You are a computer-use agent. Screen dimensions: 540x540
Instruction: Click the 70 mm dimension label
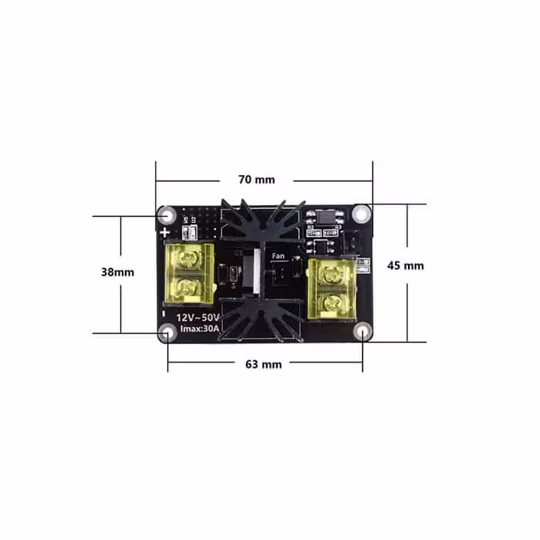[x=256, y=180]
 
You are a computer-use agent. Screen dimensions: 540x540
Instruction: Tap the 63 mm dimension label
[x=263, y=363]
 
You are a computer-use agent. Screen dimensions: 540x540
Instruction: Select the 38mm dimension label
[x=117, y=272]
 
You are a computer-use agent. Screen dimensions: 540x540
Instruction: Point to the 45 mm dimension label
[x=405, y=265]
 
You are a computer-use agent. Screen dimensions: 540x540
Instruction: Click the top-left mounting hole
[x=166, y=213]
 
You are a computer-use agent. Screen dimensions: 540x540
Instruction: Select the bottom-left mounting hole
[x=167, y=332]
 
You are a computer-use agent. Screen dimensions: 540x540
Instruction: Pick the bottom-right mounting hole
[x=363, y=332]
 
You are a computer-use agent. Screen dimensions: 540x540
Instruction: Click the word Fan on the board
[x=278, y=255]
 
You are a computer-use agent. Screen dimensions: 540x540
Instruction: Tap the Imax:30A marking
[x=199, y=330]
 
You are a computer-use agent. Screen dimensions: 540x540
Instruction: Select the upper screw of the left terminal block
[x=188, y=262]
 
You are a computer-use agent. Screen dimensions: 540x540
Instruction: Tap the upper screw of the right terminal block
[x=332, y=272]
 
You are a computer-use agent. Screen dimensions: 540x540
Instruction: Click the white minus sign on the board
[x=164, y=314]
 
